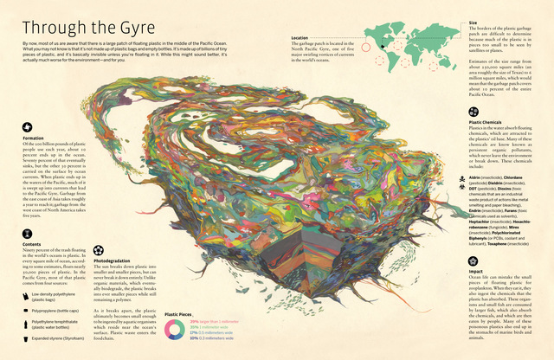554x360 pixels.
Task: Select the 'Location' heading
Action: [300, 38]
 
